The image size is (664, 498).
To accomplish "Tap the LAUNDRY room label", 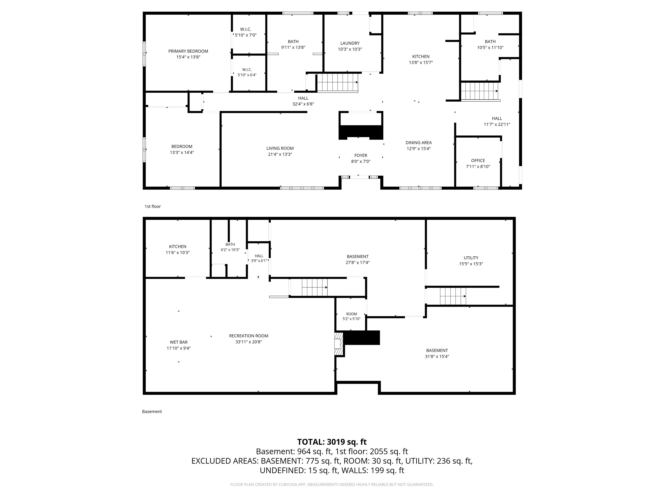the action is [x=350, y=43].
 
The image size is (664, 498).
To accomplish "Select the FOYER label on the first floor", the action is [x=361, y=155].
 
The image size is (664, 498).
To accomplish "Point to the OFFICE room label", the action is [x=478, y=161].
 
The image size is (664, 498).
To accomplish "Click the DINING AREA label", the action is [x=418, y=143].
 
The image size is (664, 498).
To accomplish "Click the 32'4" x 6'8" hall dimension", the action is [x=303, y=104].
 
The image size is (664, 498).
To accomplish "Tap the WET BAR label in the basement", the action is [x=179, y=342].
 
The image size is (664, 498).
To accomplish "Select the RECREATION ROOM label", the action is [x=249, y=336].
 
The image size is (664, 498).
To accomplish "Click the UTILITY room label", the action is [x=471, y=258].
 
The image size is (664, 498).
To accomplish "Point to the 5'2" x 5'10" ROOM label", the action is [x=351, y=316].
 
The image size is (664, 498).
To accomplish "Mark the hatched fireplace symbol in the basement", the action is [x=339, y=344].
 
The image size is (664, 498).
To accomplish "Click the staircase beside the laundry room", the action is [x=338, y=83].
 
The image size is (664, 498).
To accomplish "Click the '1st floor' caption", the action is [x=153, y=206].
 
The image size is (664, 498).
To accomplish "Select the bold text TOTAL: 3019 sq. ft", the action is [x=332, y=442].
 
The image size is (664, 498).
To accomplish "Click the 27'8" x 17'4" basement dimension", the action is [x=358, y=263].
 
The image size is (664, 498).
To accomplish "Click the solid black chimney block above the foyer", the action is [x=361, y=132].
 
